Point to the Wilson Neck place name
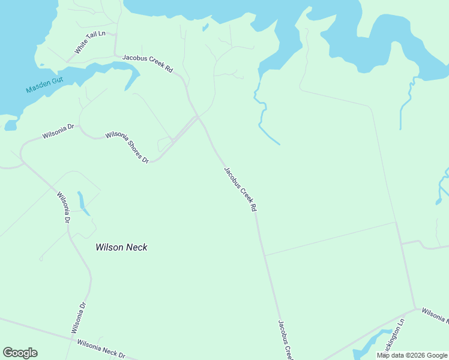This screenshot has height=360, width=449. pos(121,247)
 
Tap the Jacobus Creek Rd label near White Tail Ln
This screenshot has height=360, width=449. pos(148,64)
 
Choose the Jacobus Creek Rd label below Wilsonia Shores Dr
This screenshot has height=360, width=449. pos(240,189)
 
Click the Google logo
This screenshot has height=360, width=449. pos(20,353)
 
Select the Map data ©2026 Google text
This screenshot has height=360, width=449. pos(412,355)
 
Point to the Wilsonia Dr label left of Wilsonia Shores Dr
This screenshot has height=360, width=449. pos(58,131)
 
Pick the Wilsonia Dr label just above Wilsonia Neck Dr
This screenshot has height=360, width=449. pos(79,317)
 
